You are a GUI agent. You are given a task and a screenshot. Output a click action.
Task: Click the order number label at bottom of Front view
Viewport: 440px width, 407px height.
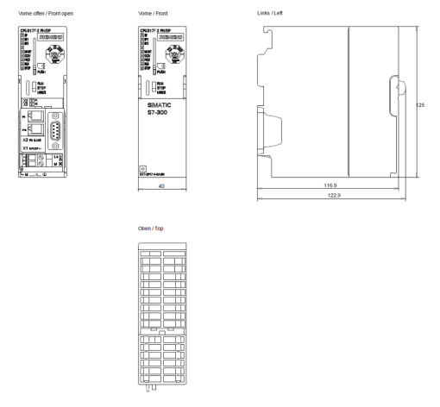tap(151, 175)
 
